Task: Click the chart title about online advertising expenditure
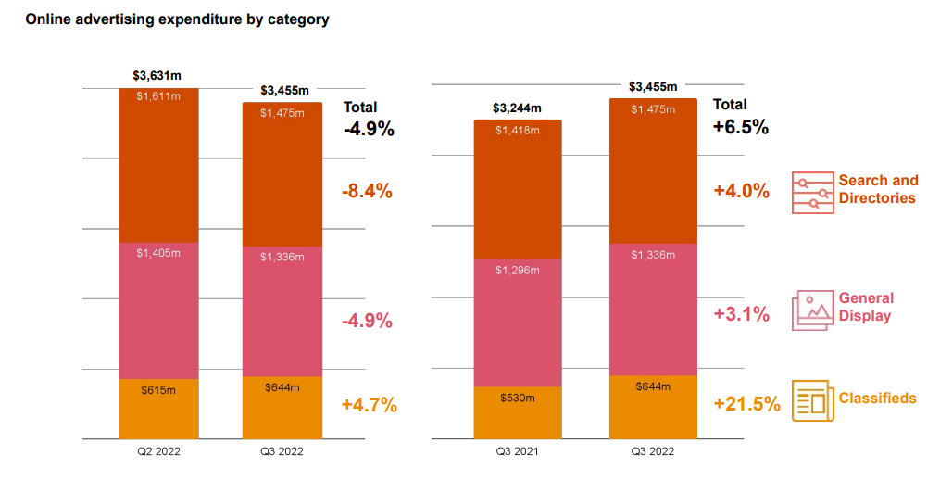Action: click(177, 19)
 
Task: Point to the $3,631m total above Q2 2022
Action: click(157, 76)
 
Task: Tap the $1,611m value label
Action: click(157, 96)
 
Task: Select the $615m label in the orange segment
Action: click(157, 390)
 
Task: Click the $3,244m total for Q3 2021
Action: click(518, 108)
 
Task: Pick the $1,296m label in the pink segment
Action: click(518, 271)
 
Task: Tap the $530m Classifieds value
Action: click(518, 398)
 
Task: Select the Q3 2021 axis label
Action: click(517, 451)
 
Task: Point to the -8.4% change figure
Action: click(368, 192)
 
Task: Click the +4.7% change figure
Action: click(369, 405)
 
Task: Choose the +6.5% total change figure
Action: click(741, 128)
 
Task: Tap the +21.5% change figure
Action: click(746, 405)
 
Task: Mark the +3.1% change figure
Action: click(741, 314)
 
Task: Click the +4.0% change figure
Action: click(741, 191)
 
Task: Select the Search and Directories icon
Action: click(812, 192)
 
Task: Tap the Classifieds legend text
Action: click(877, 399)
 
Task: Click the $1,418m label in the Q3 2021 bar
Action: click(518, 130)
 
